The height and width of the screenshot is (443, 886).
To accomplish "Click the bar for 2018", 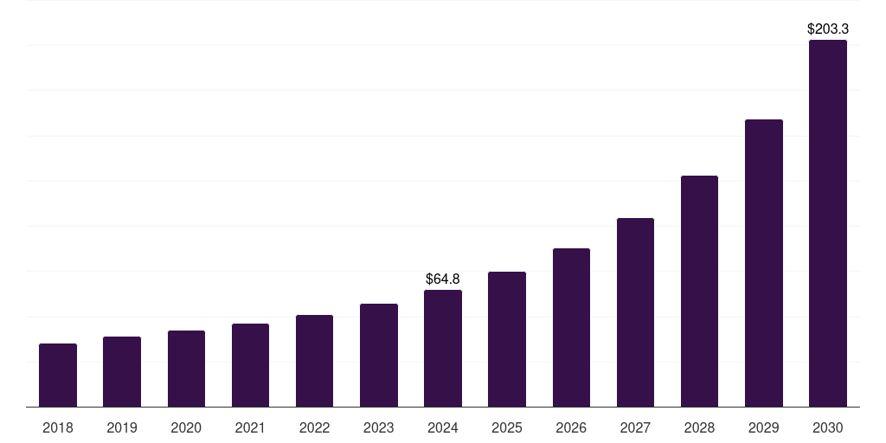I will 58,376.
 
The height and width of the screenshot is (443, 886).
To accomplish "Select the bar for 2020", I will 186,369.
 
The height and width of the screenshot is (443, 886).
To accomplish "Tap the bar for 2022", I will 314,361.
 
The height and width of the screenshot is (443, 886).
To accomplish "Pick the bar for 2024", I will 443,349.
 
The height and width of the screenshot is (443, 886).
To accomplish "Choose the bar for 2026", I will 571,328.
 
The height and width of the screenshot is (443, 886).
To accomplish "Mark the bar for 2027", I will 635,312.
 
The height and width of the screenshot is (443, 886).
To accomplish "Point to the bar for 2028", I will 699,292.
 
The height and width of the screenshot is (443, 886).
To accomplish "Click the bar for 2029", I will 764,263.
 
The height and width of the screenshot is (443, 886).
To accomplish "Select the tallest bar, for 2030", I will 828,223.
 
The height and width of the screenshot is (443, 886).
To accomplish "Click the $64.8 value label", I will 443,279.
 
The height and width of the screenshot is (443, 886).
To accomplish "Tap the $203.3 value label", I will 828,29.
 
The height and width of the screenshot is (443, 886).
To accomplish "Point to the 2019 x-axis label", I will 122,427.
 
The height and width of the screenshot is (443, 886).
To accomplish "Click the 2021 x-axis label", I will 250,427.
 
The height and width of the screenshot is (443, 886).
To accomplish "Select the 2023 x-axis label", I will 379,427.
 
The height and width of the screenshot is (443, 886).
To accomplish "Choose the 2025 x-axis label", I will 507,427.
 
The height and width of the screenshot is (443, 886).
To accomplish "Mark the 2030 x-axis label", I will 828,427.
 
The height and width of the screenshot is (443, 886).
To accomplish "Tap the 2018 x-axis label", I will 58,427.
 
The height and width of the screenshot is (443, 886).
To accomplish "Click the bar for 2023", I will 379,356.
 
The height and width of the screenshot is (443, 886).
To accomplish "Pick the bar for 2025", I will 507,339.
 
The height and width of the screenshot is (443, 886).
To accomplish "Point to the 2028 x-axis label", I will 699,427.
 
